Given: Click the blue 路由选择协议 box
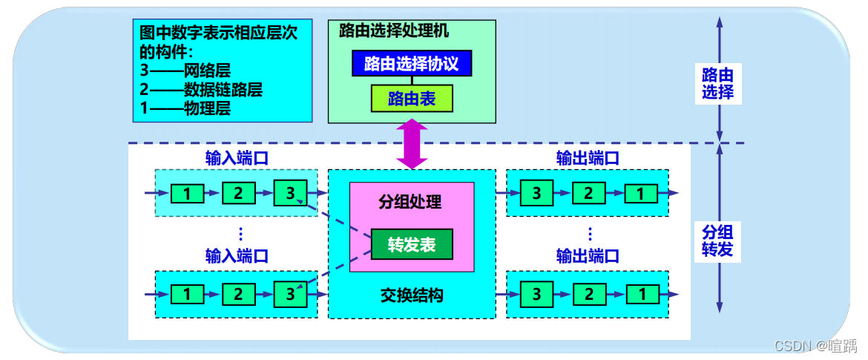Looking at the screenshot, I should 412,64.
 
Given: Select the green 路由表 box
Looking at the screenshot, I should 412,99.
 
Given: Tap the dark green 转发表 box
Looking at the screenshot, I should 412,246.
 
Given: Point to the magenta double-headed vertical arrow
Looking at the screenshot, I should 412,144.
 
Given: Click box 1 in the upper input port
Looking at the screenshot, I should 188,194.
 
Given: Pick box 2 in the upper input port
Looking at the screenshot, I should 238,194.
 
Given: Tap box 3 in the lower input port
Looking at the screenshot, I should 289,294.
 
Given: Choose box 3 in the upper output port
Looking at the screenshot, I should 536,194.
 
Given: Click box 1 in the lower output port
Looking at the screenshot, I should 639,294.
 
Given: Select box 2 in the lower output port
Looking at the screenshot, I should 588,294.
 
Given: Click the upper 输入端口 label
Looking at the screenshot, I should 237,158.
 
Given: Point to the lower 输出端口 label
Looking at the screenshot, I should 588,257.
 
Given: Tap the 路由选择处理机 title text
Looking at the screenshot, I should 393,31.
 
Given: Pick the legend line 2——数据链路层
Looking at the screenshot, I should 201,90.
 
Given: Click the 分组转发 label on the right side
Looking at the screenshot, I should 717,239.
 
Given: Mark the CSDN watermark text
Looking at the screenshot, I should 815,346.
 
